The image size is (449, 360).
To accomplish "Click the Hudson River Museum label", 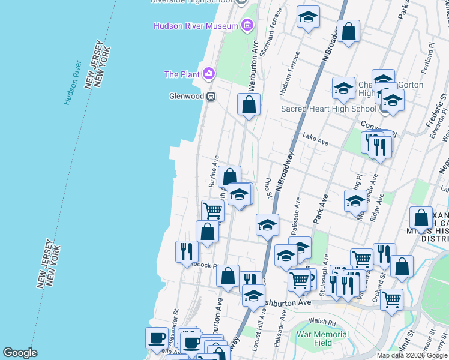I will [x=196, y=26].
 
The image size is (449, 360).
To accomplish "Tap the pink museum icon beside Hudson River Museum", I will [x=246, y=25].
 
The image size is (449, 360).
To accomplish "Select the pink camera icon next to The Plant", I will [x=209, y=74].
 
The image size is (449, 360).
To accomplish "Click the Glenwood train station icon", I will [x=211, y=96].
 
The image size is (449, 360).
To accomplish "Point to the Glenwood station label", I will [x=187, y=96].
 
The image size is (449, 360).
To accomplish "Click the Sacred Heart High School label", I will [x=329, y=109].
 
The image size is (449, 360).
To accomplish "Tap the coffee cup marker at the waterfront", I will [x=157, y=338].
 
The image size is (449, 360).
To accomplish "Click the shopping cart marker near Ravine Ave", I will [x=212, y=211].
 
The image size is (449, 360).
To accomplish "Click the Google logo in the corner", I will [x=20, y=353].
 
